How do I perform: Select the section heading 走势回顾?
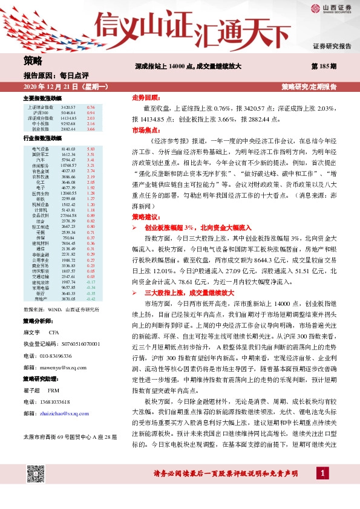coord(145,97)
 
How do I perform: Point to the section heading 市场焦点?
coord(145,130)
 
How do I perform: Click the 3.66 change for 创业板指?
coord(91,129)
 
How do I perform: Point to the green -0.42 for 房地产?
coord(91,299)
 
